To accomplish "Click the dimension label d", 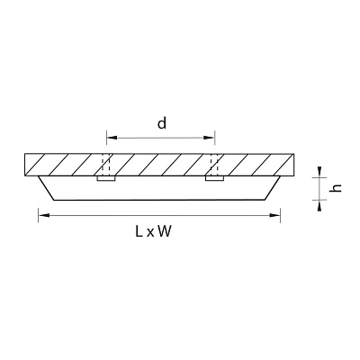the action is [162, 123].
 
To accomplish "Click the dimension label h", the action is [336, 188].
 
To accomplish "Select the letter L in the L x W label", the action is [139, 231].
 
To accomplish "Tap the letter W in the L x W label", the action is [165, 231].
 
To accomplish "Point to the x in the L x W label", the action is [150, 233].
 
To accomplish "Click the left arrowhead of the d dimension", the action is [112, 138].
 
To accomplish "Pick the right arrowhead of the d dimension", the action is [209, 138].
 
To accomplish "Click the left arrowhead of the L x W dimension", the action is [44, 215].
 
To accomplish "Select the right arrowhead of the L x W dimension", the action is [274, 215].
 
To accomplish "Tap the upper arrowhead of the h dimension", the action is [319, 172].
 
